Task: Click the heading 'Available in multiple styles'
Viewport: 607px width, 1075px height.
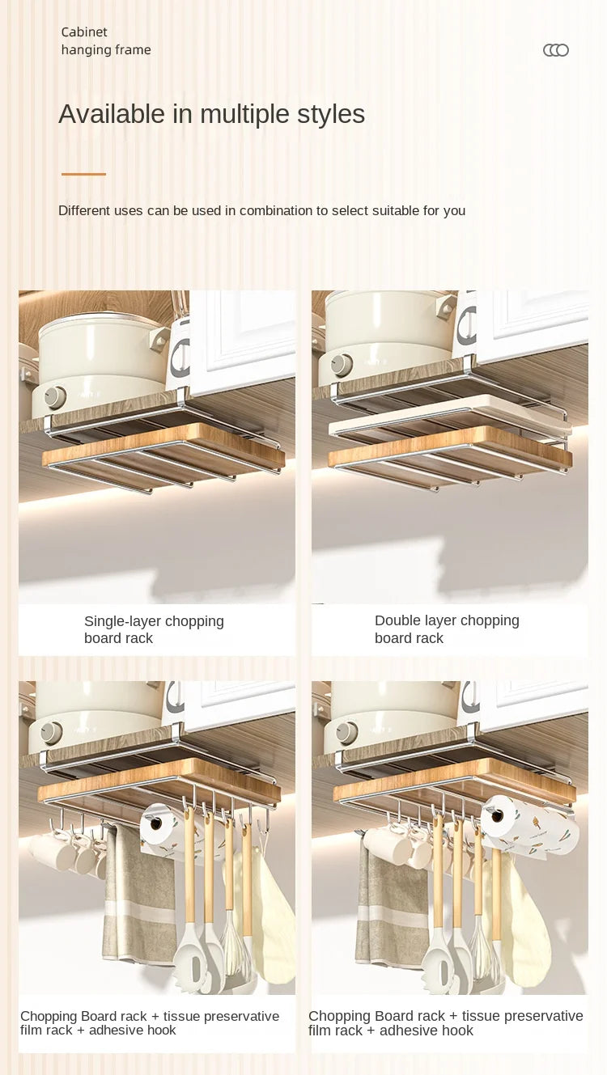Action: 211,114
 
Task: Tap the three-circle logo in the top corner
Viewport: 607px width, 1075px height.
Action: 555,50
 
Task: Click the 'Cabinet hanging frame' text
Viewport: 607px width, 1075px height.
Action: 105,40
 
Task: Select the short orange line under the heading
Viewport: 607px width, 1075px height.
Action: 83,174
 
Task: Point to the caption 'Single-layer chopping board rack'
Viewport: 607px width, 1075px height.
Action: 154,629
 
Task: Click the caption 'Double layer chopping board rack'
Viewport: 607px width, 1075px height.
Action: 447,628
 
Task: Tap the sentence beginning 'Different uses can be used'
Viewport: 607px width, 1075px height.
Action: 261,210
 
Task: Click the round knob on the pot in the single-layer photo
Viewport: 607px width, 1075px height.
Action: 54,397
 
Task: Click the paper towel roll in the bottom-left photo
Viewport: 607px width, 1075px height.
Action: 159,827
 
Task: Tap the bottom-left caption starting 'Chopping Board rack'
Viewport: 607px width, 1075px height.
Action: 150,1022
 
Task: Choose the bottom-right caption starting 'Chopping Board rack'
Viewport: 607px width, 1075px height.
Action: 445,1022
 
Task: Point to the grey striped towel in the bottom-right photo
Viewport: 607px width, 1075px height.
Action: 393,898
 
